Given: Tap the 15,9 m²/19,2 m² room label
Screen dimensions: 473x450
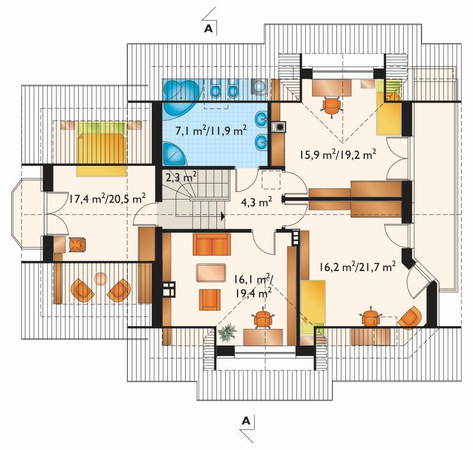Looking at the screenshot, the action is click(338, 155).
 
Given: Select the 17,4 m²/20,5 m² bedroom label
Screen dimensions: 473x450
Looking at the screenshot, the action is click(108, 199).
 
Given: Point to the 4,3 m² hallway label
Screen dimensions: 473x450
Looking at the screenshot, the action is click(257, 202).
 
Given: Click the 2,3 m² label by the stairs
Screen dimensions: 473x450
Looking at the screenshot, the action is click(182, 177).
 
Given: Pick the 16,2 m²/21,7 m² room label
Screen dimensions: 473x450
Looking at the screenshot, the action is click(358, 267).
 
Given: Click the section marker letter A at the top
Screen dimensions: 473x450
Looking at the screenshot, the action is click(209, 28).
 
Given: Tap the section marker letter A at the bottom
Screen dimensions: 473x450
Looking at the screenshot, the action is click(246, 420).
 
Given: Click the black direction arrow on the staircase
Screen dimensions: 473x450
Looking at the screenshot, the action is click(223, 216).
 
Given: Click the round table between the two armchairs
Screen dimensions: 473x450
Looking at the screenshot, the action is click(101, 279).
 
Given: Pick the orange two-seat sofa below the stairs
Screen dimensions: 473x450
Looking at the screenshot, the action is click(212, 244).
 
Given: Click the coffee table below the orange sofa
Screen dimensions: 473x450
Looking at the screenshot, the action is click(211, 273).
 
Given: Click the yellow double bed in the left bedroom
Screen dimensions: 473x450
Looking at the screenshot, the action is click(101, 148).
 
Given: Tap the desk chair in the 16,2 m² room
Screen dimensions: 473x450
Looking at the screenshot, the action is click(369, 317).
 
